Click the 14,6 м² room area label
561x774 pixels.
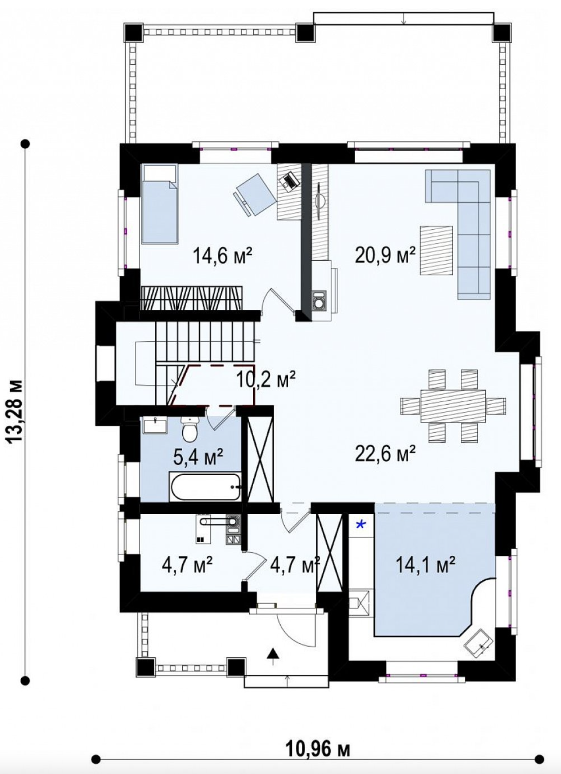(x=223, y=256)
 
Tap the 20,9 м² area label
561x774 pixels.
(x=385, y=256)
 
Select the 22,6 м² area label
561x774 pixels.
(x=385, y=453)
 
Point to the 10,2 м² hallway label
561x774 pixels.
(x=265, y=379)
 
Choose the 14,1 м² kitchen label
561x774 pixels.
(x=425, y=566)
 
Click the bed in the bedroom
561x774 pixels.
(x=159, y=203)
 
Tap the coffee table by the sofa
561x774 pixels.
(x=436, y=250)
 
